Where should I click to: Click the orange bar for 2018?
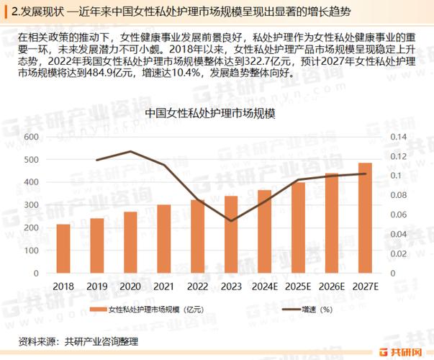coord(63,249)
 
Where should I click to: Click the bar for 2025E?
coord(298,228)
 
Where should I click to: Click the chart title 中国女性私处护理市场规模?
coord(211,113)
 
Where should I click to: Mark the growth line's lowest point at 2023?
coord(231,220)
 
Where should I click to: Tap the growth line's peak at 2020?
coord(130,151)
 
